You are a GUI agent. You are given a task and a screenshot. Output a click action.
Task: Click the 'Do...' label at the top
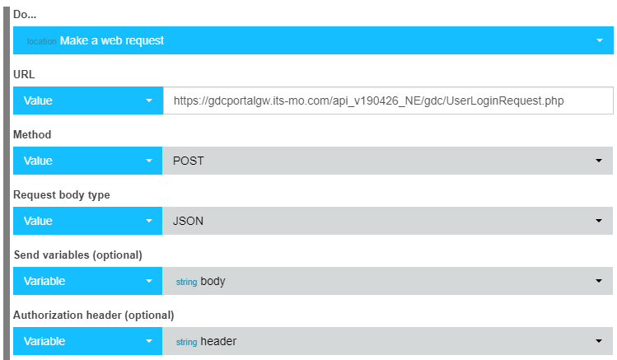[25, 15]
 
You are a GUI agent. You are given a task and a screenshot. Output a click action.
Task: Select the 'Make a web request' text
[112, 40]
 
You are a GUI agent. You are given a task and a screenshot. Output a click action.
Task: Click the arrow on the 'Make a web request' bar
[600, 40]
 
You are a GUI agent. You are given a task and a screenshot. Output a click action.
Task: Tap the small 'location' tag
[42, 41]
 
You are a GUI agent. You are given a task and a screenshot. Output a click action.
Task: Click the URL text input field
[388, 101]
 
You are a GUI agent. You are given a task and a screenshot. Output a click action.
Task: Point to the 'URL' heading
[24, 74]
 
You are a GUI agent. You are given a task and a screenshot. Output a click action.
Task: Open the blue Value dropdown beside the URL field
[88, 101]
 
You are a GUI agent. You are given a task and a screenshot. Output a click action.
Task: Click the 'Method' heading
[32, 134]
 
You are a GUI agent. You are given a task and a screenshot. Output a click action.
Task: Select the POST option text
[189, 161]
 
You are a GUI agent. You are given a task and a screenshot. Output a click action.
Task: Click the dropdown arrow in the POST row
[599, 161]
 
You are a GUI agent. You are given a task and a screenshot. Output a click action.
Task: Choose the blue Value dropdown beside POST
[88, 161]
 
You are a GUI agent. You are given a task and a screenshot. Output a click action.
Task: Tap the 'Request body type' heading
[62, 195]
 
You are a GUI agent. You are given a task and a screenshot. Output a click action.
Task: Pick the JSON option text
[188, 221]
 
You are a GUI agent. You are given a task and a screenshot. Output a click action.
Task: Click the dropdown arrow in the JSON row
[599, 221]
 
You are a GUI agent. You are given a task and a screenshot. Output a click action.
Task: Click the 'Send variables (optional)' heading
[78, 255]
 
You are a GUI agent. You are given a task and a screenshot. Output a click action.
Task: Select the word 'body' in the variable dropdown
[213, 281]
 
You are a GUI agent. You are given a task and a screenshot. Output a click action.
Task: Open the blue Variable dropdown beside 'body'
[88, 281]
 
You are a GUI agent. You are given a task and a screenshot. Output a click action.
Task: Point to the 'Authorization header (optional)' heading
[94, 316]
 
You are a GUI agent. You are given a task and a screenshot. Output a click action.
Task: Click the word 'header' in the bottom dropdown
[218, 341]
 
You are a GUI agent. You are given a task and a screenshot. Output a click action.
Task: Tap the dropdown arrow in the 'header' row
[599, 341]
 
